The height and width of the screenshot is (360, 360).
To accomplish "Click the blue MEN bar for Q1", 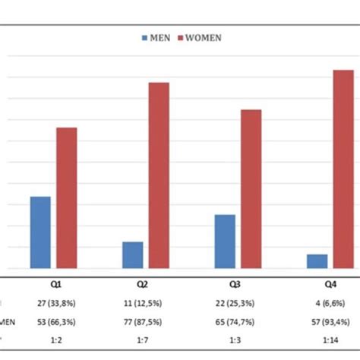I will [x=40, y=232].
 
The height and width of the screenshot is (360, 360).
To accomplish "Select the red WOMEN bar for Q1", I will [x=66, y=197].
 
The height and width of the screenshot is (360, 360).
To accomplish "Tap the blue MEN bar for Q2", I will [x=132, y=254].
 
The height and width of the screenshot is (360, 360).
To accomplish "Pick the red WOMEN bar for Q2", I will [x=159, y=175].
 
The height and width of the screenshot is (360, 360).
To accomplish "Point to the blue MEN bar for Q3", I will [x=225, y=241].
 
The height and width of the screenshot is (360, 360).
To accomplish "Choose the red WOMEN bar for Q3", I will [x=251, y=188].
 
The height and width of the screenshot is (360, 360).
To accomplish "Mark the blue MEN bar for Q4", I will [x=317, y=261].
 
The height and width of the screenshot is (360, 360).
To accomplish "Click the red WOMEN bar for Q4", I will [x=344, y=169].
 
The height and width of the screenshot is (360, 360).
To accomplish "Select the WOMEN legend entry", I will [x=199, y=38].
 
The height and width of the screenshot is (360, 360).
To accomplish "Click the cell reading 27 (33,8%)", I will [x=55, y=303].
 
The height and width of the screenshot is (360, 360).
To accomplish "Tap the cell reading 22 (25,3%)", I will [x=237, y=303].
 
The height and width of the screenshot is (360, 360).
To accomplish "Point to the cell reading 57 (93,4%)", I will [x=330, y=321].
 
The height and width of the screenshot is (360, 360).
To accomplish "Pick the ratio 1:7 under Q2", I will [x=142, y=339].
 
